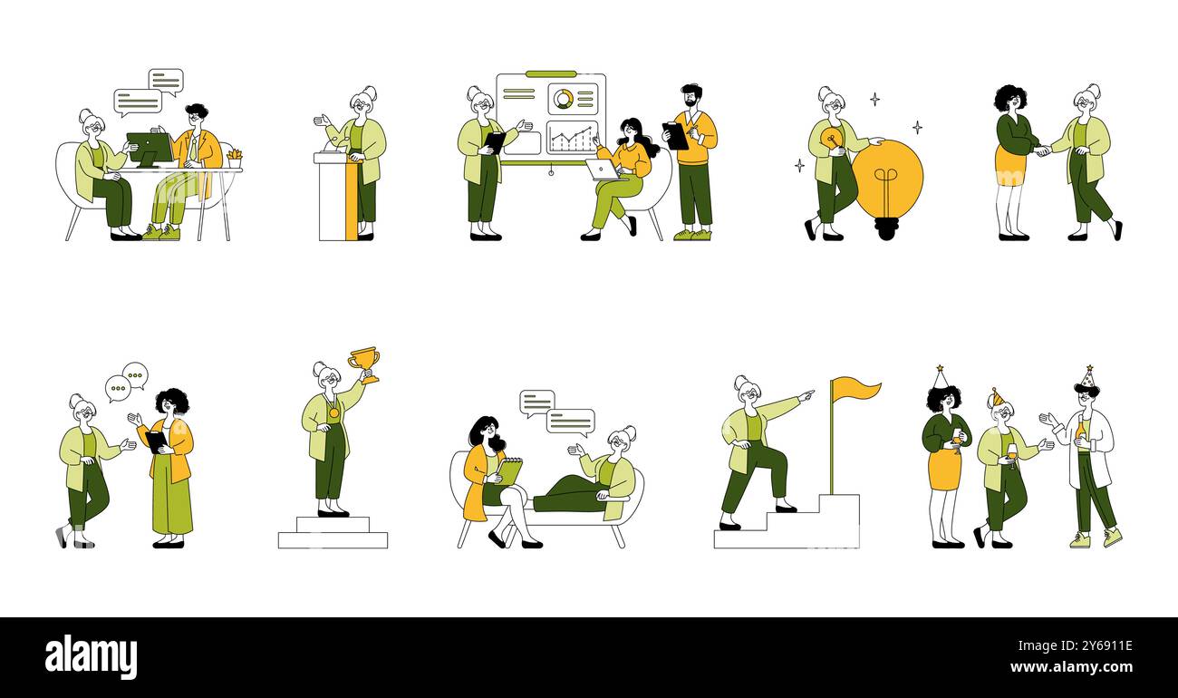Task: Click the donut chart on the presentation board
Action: coord(564,99)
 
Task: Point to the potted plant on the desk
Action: coord(235,159)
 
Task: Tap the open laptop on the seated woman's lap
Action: coord(603,170)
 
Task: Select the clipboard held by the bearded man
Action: coord(676,136)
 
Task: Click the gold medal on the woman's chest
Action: coord(334,413)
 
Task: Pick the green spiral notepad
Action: coord(509,471)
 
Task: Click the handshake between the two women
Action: coord(1042,150)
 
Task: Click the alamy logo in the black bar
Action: coord(91,656)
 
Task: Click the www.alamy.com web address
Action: coord(1072,667)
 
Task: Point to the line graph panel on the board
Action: coord(573,137)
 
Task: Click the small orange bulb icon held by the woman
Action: coord(831,141)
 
